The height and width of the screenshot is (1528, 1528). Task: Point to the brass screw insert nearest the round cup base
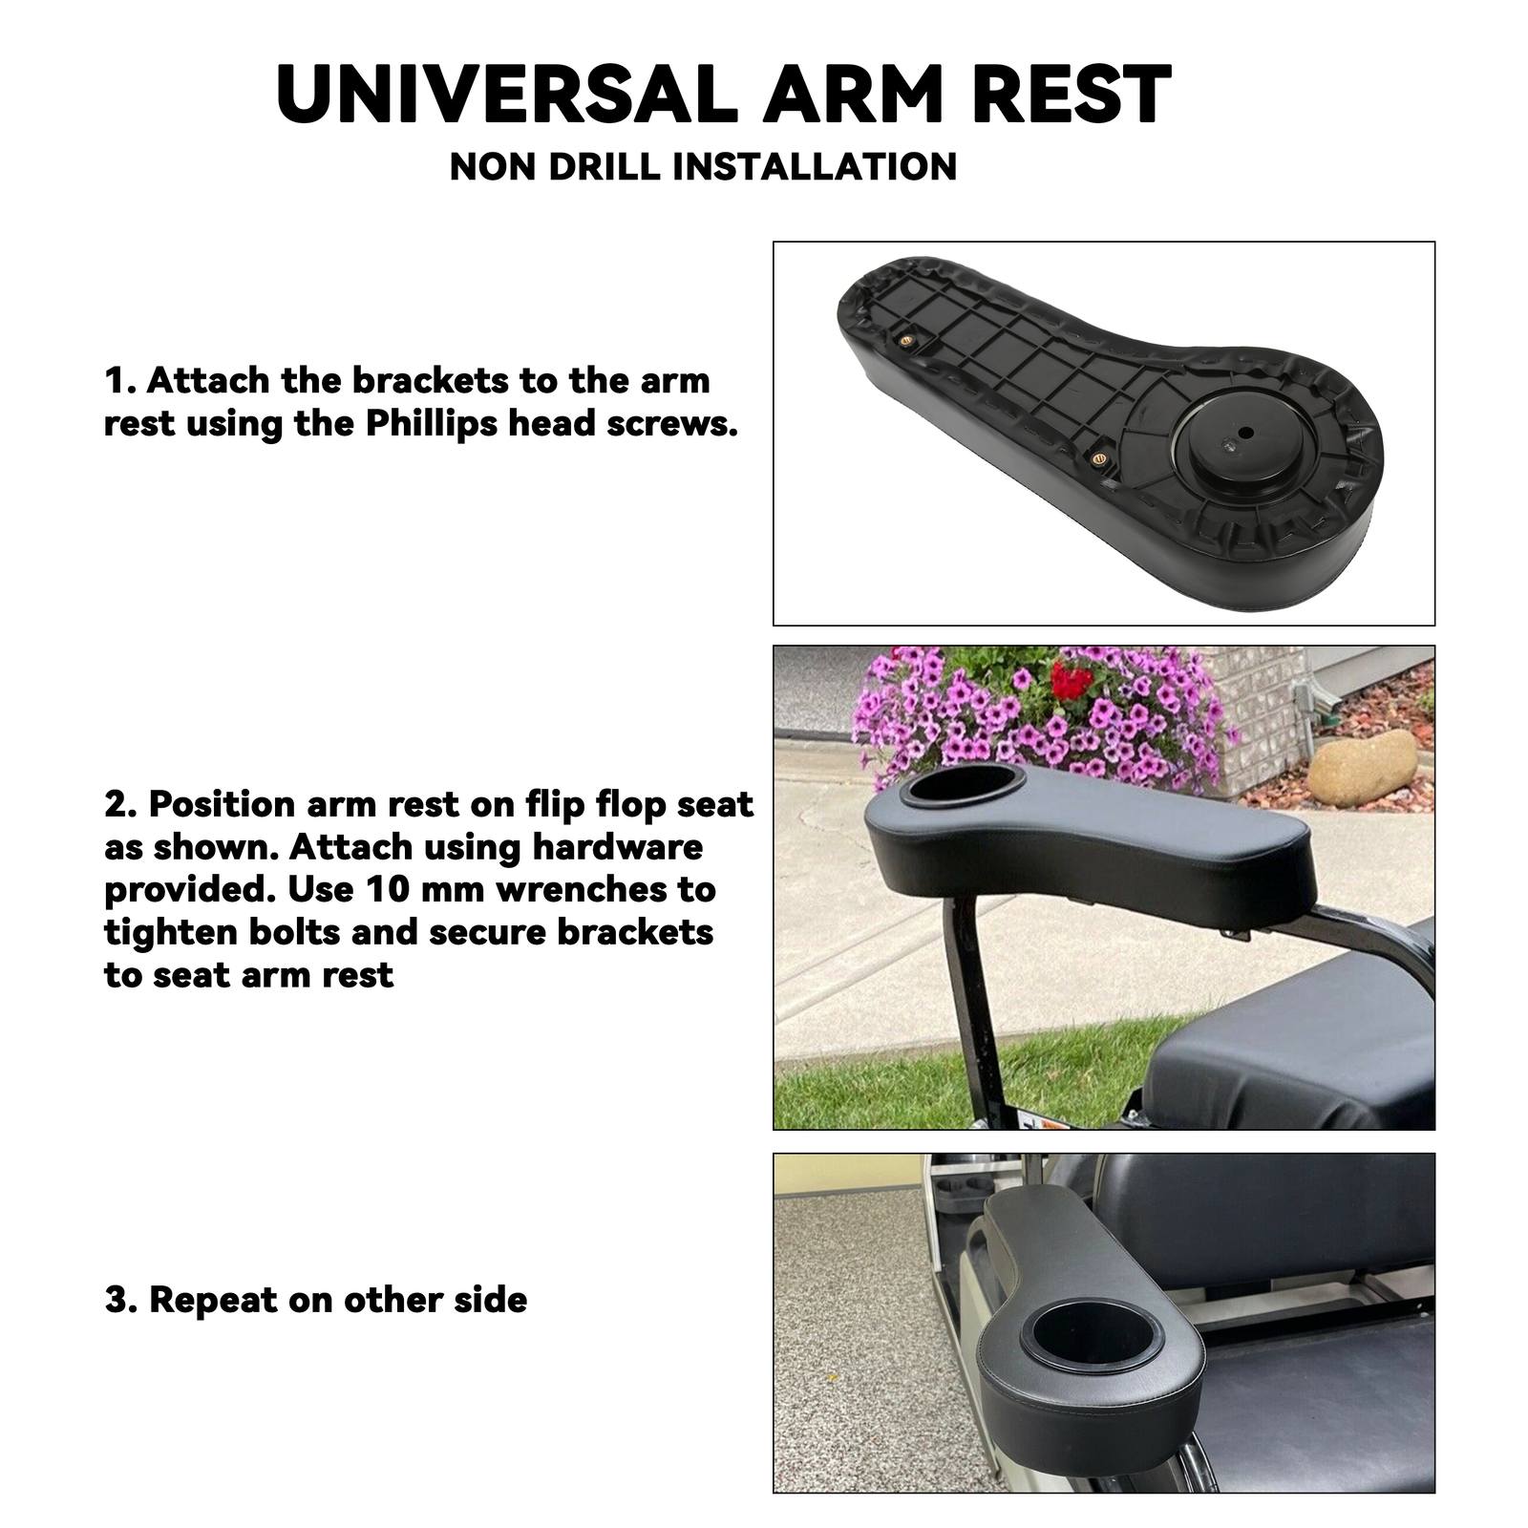1098,458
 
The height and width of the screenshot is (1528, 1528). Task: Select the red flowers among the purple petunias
1072,682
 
